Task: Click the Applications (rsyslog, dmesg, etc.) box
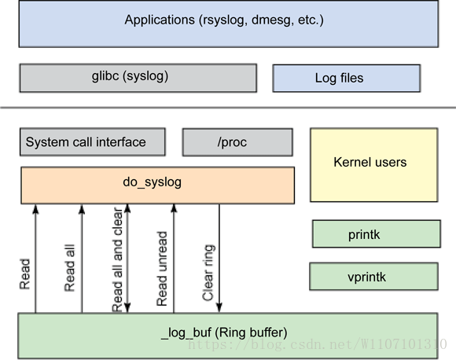229,24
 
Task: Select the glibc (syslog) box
138,78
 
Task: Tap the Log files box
347,79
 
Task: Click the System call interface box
93,142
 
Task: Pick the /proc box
237,142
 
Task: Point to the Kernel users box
374,165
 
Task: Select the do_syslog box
157,186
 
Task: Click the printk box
377,234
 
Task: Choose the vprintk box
373,277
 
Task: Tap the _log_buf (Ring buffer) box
228,336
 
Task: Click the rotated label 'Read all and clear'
117,260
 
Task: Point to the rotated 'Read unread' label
162,269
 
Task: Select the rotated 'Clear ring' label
208,273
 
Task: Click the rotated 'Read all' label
69,268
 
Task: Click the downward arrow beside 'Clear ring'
219,259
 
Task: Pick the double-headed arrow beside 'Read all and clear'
127,259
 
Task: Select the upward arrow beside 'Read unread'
174,259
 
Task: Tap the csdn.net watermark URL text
318,344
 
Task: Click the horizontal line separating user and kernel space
228,108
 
